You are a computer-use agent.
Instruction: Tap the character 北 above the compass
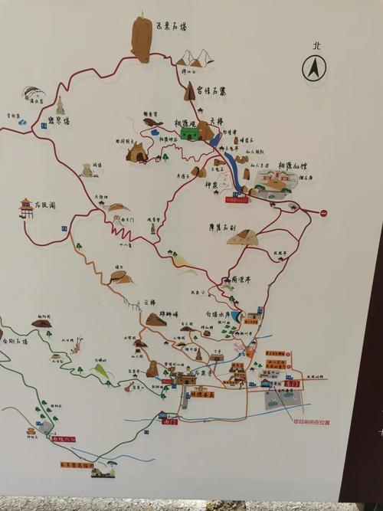point(315,46)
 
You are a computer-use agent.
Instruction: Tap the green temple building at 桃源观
point(189,133)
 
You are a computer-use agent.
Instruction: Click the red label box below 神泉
point(236,199)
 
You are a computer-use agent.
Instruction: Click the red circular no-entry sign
point(323,213)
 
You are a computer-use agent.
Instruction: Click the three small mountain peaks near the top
point(195,58)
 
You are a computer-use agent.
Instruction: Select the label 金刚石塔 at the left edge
point(15,340)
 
